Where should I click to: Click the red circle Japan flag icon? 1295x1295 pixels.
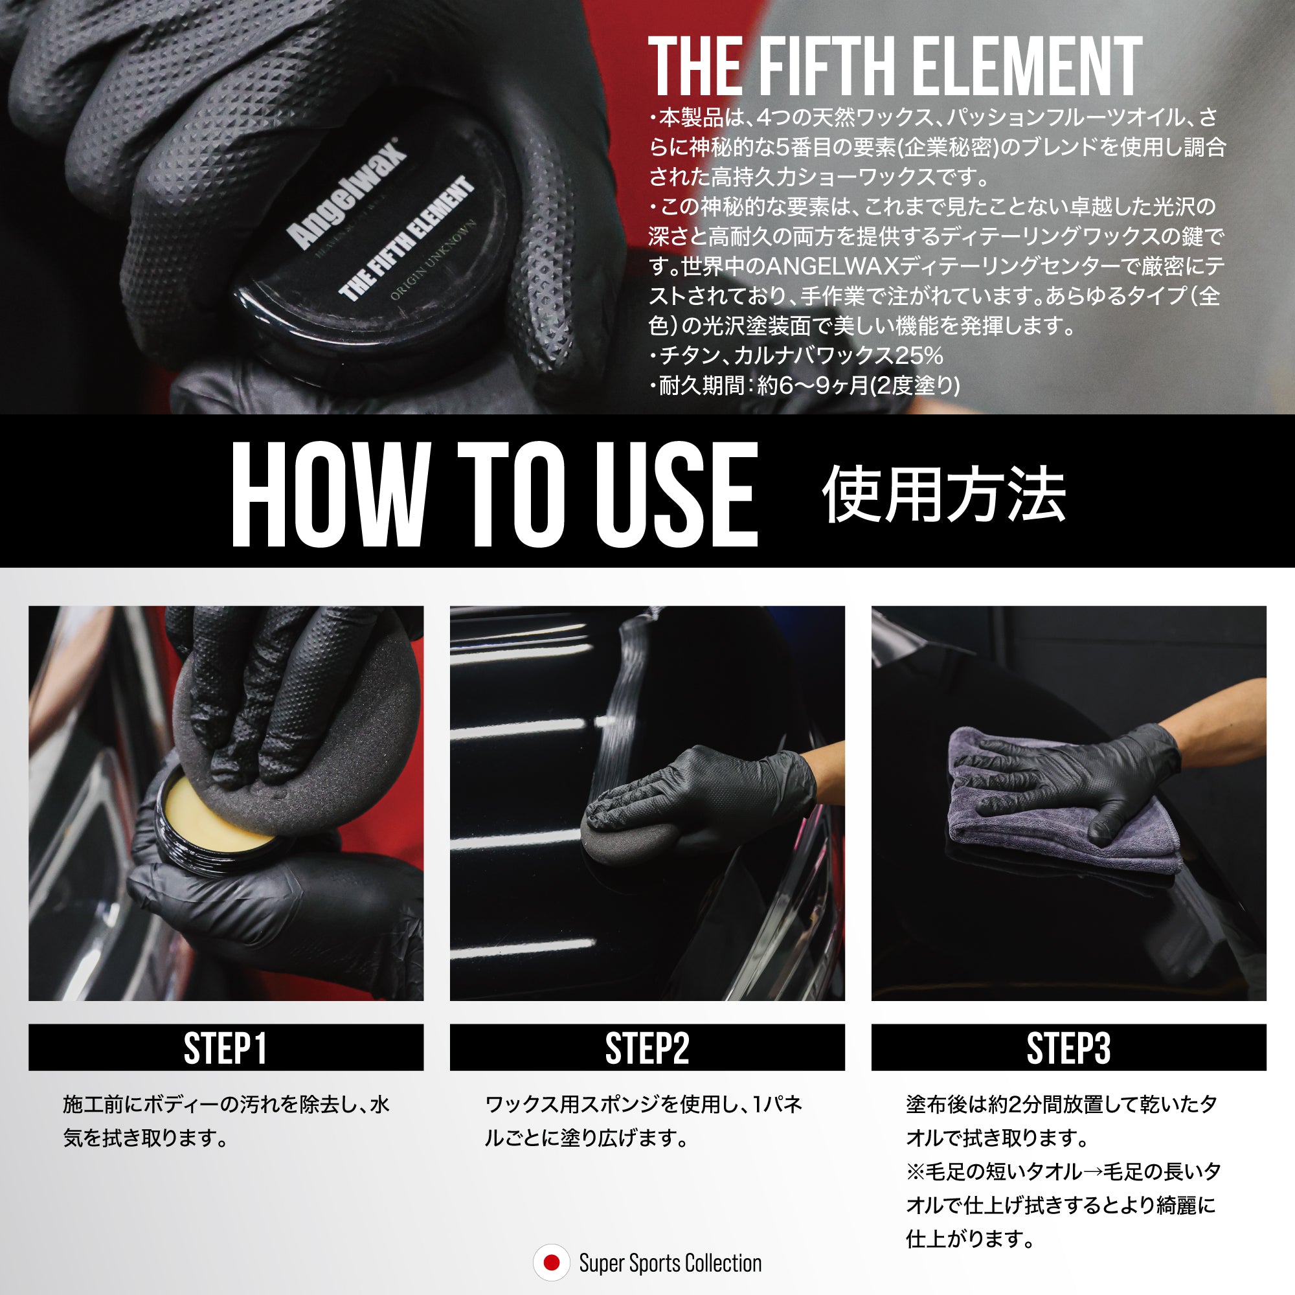pos(551,1263)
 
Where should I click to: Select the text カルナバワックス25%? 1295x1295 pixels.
pos(838,355)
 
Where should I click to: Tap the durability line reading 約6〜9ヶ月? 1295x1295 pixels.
pos(804,385)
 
